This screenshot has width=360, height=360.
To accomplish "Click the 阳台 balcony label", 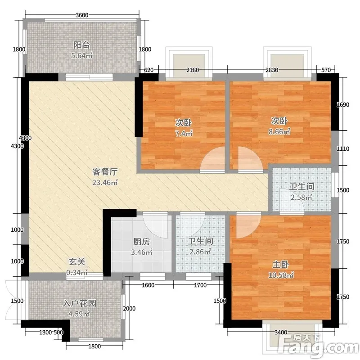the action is tap(81, 45).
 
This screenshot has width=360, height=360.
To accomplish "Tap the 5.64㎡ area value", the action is tap(81, 55).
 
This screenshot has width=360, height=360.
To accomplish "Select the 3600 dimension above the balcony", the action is tap(82, 15).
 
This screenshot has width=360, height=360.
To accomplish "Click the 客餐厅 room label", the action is tap(105, 172).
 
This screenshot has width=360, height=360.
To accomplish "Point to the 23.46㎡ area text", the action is tap(105, 183).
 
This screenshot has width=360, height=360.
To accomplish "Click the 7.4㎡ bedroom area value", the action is tap(184, 133).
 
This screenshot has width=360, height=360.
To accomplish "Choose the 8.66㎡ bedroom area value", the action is tap(279, 131).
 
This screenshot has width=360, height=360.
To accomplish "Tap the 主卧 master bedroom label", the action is tap(280, 265).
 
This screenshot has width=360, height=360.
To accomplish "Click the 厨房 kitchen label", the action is tap(141, 242).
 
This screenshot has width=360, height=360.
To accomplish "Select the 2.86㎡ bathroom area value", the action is tap(200, 252).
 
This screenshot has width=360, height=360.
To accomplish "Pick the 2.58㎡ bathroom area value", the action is tap(301, 197).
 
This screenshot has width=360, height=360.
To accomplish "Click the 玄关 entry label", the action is tap(77, 262).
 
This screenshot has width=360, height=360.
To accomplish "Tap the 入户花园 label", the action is tap(79, 303).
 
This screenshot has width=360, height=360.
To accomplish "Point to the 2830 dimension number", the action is tap(272, 70).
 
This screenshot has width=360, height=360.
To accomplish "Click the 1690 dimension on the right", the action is tap(343, 105).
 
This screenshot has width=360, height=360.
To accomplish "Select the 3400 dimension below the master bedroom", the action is tap(281, 332).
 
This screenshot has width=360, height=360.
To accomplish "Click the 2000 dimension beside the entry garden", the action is tap(129, 309).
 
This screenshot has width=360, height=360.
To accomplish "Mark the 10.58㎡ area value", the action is tap(281, 275).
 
